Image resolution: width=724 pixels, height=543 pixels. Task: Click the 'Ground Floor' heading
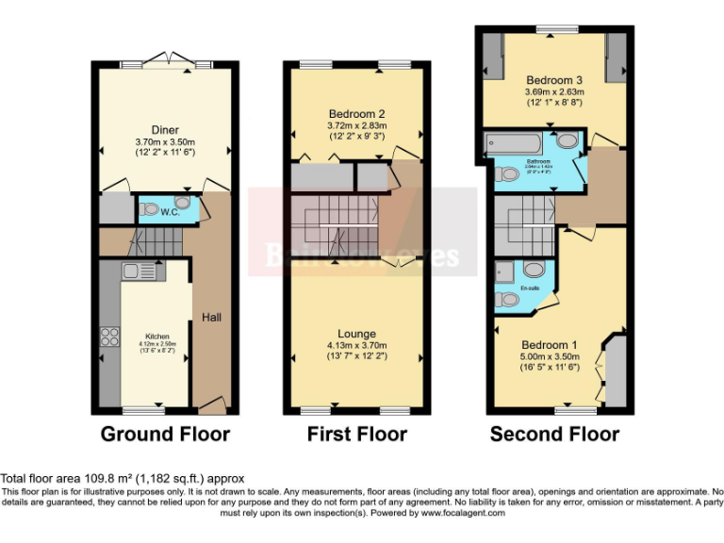click(x=165, y=435)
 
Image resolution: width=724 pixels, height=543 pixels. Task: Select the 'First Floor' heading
click(x=357, y=435)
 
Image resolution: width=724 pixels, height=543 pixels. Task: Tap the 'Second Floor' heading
click(x=554, y=435)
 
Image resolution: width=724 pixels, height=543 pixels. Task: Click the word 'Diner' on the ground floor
click(x=165, y=130)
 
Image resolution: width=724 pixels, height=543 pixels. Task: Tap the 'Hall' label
click(x=211, y=319)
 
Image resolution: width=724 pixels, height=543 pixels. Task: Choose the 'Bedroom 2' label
click(x=357, y=113)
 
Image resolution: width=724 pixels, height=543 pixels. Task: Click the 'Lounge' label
click(x=357, y=334)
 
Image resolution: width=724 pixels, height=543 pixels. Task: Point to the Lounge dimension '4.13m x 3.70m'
click(x=357, y=346)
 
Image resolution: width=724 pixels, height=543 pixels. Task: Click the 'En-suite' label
click(x=529, y=288)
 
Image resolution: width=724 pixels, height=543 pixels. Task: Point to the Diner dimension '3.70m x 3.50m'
click(x=165, y=142)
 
